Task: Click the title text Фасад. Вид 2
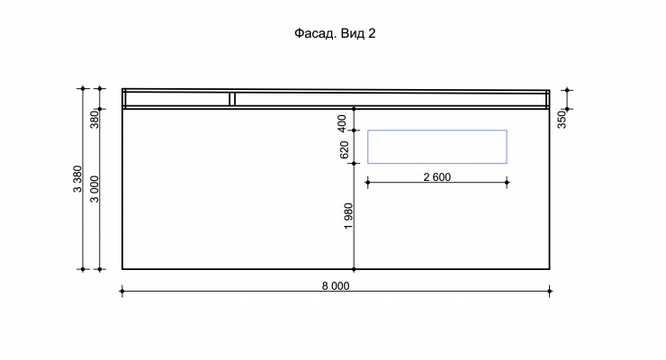pyautogui.click(x=335, y=33)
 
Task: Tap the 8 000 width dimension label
pyautogui.click(x=336, y=286)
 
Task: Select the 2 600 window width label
pyautogui.click(x=437, y=177)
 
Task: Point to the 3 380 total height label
pyautogui.click(x=77, y=179)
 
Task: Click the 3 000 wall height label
pyautogui.click(x=94, y=189)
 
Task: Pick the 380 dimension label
pyautogui.click(x=94, y=119)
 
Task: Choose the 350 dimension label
pyautogui.click(x=562, y=120)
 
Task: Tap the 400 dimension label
pyautogui.click(x=341, y=123)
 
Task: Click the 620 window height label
pyautogui.click(x=344, y=150)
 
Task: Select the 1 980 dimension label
pyautogui.click(x=348, y=216)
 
